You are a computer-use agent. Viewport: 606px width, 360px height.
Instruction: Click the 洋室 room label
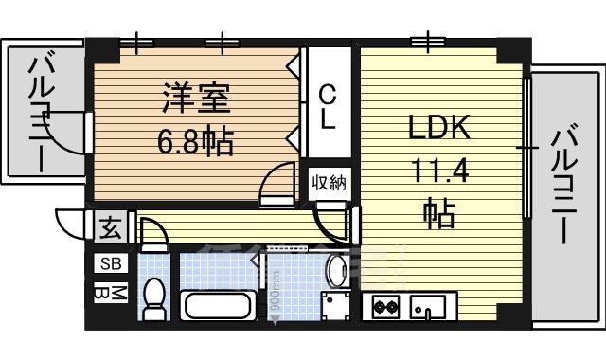point(196,99)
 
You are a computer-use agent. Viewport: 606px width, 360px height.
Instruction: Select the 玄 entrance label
point(110,229)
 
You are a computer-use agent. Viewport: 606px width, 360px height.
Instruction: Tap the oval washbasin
point(337,271)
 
